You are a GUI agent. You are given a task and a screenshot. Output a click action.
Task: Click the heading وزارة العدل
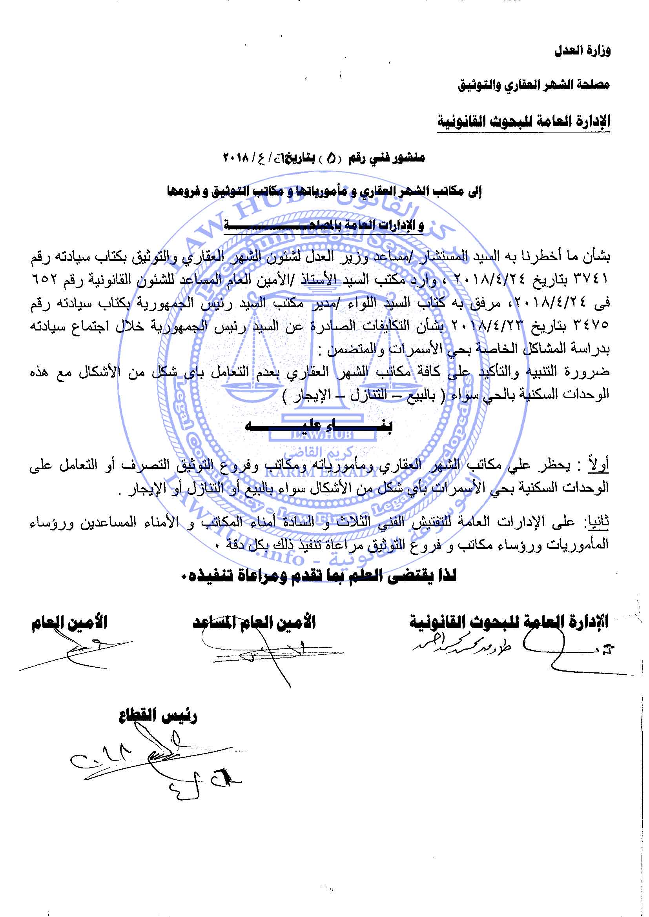[x=582, y=51]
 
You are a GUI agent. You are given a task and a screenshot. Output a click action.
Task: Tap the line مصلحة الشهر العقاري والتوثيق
[x=534, y=85]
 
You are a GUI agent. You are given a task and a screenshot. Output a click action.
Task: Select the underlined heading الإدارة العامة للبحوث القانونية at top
[x=523, y=122]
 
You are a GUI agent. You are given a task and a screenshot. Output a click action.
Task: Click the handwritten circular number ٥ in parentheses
[x=331, y=159]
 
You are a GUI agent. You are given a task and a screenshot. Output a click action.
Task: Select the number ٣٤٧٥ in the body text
[x=591, y=326]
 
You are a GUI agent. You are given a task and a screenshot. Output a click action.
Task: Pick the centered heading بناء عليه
[x=319, y=426]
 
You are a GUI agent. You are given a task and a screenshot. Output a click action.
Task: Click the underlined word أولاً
[x=598, y=465]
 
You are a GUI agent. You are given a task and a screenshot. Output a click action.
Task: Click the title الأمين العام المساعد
[x=254, y=623]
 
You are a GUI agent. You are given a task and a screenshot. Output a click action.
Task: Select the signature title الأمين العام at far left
[x=69, y=623]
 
